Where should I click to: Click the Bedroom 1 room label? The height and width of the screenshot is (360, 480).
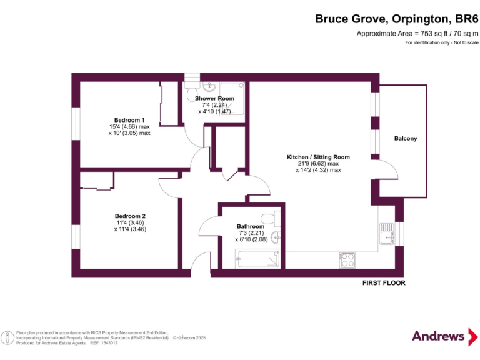click(x=129, y=120)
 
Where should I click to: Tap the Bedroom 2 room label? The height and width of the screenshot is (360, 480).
click(x=130, y=216)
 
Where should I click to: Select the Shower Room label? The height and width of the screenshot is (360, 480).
click(x=214, y=98)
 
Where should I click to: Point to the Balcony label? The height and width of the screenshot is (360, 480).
click(x=406, y=138)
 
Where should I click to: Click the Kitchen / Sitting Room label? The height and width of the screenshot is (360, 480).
click(x=318, y=157)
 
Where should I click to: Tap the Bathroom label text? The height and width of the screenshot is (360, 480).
click(x=251, y=226)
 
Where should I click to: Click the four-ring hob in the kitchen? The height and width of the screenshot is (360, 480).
click(x=347, y=260)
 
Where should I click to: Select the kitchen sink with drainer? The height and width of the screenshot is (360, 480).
click(x=387, y=234)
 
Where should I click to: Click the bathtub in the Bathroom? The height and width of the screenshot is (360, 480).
click(x=257, y=259)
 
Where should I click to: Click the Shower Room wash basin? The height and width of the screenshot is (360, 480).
click(x=209, y=86)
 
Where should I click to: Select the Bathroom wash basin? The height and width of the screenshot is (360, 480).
click(x=276, y=237)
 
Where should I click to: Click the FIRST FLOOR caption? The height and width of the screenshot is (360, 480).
click(x=384, y=283)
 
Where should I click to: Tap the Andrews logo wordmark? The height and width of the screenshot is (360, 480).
click(x=438, y=336)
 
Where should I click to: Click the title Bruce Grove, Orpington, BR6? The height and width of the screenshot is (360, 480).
click(x=397, y=19)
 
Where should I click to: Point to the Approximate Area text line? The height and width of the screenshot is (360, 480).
click(x=417, y=34)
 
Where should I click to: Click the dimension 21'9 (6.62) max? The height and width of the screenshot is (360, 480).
click(x=317, y=164)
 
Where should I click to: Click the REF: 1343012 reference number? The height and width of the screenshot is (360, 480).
click(x=104, y=343)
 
